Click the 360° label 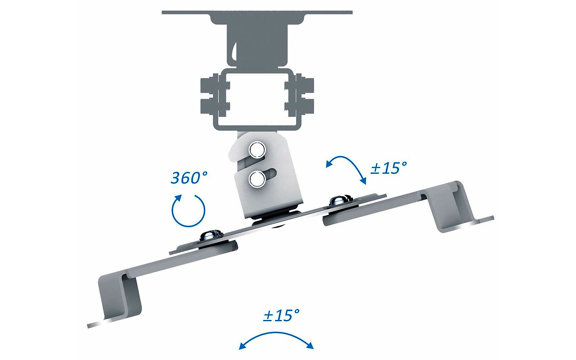(x=189, y=178)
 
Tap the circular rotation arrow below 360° (x=189, y=209)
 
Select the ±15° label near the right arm (x=388, y=168)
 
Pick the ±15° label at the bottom (x=281, y=315)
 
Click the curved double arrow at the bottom (x=276, y=338)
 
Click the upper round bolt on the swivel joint (x=257, y=148)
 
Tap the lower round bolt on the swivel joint (x=257, y=180)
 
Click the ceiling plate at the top (x=257, y=13)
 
